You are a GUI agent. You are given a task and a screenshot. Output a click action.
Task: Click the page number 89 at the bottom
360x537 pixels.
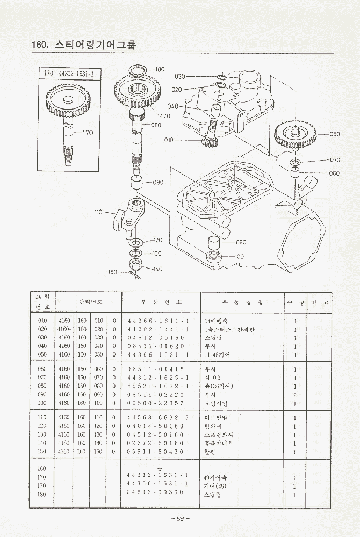(x=180, y=518)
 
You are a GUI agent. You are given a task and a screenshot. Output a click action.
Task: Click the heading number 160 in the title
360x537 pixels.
(x=42, y=45)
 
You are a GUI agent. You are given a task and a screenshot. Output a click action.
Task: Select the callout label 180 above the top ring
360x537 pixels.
(x=160, y=69)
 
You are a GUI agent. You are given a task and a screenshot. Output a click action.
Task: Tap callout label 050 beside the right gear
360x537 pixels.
(x=334, y=134)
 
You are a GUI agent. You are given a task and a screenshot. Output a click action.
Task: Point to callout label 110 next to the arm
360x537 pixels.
(x=98, y=212)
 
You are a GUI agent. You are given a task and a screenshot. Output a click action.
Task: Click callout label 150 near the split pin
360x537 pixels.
(x=112, y=272)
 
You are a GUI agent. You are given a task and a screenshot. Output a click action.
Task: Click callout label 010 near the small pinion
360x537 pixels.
(x=169, y=140)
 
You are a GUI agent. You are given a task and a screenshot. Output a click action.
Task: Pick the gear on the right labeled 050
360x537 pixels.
(x=294, y=134)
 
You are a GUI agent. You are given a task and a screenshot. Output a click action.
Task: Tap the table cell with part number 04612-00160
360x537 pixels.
(x=156, y=338)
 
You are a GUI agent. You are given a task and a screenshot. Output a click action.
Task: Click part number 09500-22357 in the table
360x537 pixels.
(x=156, y=403)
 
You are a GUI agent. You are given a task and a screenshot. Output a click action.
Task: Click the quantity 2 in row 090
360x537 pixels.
(x=295, y=395)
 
